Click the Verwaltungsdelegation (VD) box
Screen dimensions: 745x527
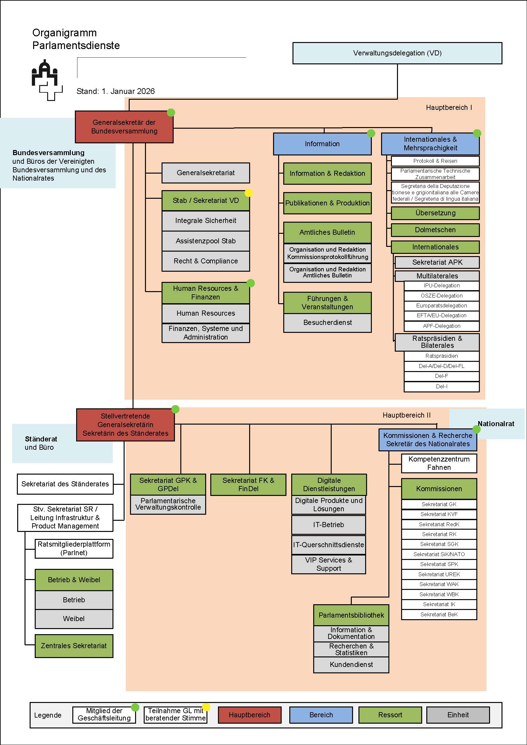click(397, 53)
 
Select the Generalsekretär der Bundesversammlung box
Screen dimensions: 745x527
click(124, 127)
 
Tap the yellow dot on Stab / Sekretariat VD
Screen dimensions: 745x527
click(249, 193)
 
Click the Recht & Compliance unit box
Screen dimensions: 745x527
click(206, 261)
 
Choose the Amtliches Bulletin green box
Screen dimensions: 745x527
click(327, 232)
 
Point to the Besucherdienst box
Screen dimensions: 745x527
click(327, 323)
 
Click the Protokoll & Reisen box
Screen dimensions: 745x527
click(435, 161)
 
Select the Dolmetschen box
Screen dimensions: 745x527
click(435, 230)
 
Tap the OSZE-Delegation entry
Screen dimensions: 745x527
click(441, 296)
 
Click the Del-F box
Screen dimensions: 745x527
click(441, 376)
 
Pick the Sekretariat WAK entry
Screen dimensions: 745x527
click(439, 584)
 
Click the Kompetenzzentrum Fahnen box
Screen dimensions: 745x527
click(439, 463)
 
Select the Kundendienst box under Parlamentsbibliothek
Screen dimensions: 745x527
click(351, 664)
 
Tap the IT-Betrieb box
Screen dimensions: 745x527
click(328, 525)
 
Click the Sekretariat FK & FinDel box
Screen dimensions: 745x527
click(248, 484)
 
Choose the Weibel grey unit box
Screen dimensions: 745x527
click(74, 619)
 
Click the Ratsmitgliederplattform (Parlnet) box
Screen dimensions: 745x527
click(74, 548)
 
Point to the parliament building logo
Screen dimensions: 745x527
click(47, 80)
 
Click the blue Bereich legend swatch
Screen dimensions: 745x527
click(321, 715)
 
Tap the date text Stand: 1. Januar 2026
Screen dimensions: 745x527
click(116, 91)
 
